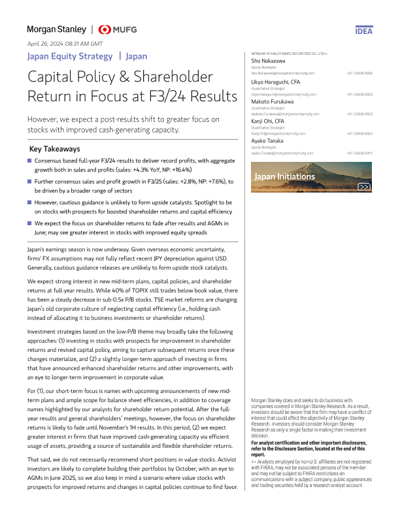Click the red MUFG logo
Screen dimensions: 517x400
point(118,29)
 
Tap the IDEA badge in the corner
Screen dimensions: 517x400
point(364,31)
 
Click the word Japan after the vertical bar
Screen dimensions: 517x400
point(136,57)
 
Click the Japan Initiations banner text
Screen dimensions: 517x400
point(284,176)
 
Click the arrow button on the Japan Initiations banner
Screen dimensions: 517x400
point(364,187)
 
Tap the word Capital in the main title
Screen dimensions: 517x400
point(55,77)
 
